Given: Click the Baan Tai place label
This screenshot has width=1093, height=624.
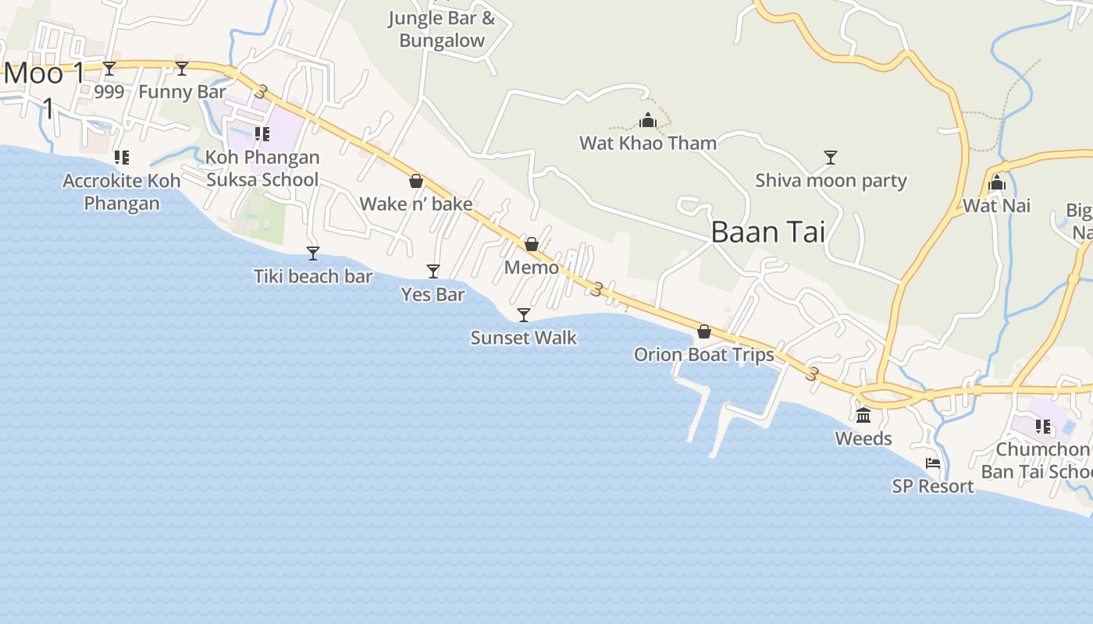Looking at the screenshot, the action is pyautogui.click(x=768, y=232).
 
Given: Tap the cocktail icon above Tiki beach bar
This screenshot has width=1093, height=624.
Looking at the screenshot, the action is pyautogui.click(x=313, y=253).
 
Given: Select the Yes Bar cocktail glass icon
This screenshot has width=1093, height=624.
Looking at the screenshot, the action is pyautogui.click(x=433, y=271).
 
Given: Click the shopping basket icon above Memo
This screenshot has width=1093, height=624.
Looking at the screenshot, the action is pyautogui.click(x=532, y=244).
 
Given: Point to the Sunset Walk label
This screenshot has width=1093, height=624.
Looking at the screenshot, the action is pyautogui.click(x=524, y=338).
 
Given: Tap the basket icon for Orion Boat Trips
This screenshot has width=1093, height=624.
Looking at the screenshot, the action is pyautogui.click(x=704, y=331).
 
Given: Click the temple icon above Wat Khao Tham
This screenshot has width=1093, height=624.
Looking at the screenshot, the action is pyautogui.click(x=648, y=120).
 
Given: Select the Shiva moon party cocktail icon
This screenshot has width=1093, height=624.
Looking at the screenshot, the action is pyautogui.click(x=831, y=158).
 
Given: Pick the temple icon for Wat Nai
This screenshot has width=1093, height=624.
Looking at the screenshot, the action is pyautogui.click(x=997, y=183).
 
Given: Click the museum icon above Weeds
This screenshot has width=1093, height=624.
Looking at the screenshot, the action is pyautogui.click(x=863, y=415).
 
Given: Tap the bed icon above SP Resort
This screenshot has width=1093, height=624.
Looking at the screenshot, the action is pyautogui.click(x=933, y=463).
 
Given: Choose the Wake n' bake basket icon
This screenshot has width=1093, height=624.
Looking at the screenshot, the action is pyautogui.click(x=416, y=181).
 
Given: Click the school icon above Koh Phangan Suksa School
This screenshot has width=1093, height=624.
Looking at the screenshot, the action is pyautogui.click(x=262, y=134).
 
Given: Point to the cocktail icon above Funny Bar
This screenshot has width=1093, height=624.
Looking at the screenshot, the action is pyautogui.click(x=182, y=69).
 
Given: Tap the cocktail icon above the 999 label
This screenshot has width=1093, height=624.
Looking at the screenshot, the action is pyautogui.click(x=109, y=69).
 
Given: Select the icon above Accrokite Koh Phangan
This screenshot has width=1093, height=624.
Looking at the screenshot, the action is pyautogui.click(x=121, y=158).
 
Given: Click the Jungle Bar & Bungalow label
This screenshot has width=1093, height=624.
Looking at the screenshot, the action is pyautogui.click(x=442, y=30).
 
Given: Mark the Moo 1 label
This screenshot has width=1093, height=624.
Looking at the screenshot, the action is pyautogui.click(x=45, y=74).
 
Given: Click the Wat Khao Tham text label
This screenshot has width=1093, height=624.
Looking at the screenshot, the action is pyautogui.click(x=648, y=143).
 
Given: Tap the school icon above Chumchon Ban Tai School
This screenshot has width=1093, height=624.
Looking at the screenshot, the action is pyautogui.click(x=1042, y=427).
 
